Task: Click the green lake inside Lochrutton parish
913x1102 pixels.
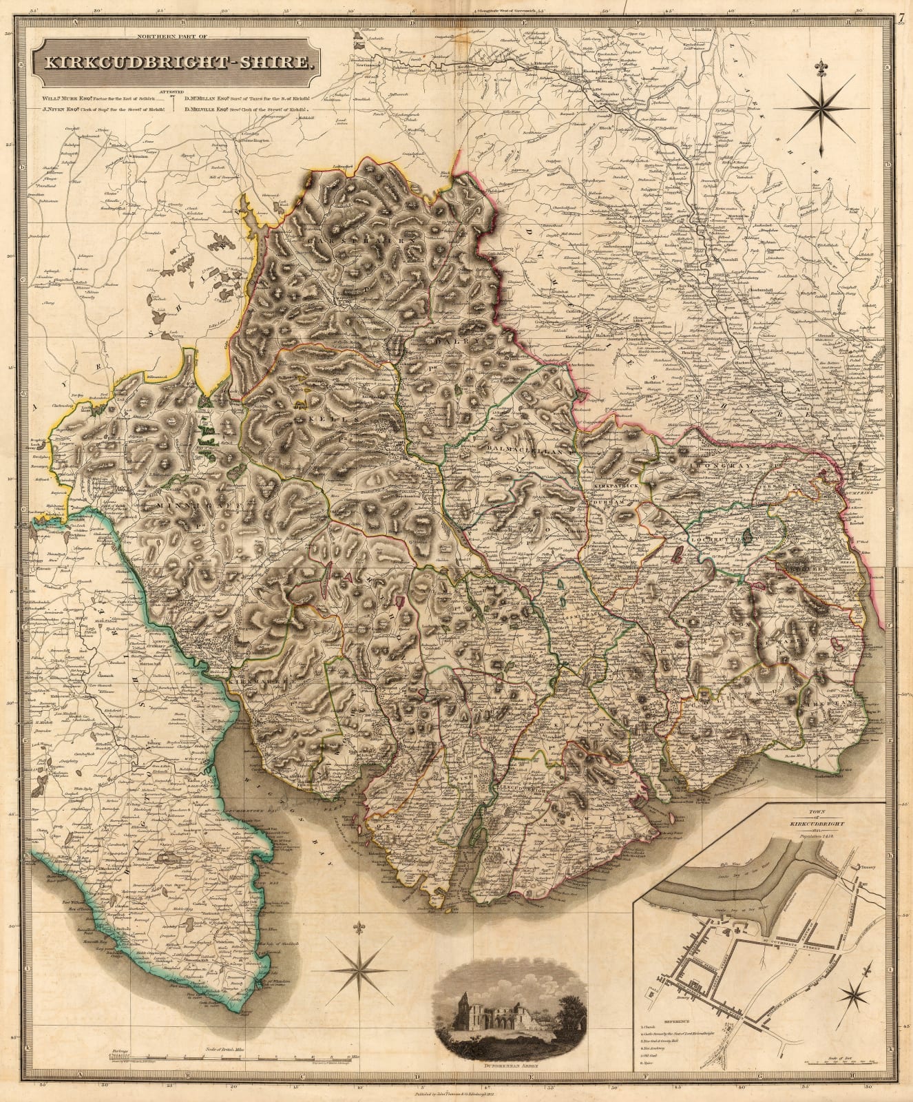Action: coord(747,538)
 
